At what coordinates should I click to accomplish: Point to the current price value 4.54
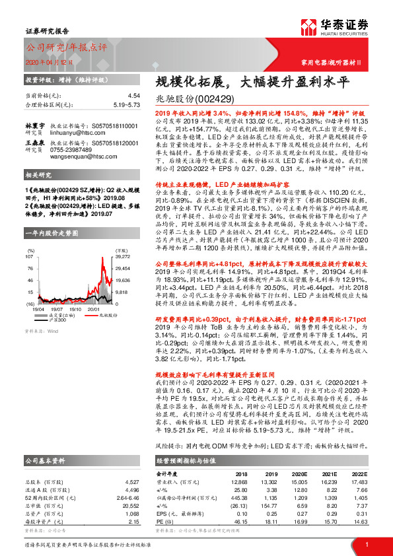(x=134, y=96)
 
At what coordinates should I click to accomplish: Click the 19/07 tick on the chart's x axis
(x=56, y=308)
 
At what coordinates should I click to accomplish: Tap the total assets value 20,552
(x=131, y=495)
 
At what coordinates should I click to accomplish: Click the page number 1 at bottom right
(x=367, y=543)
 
